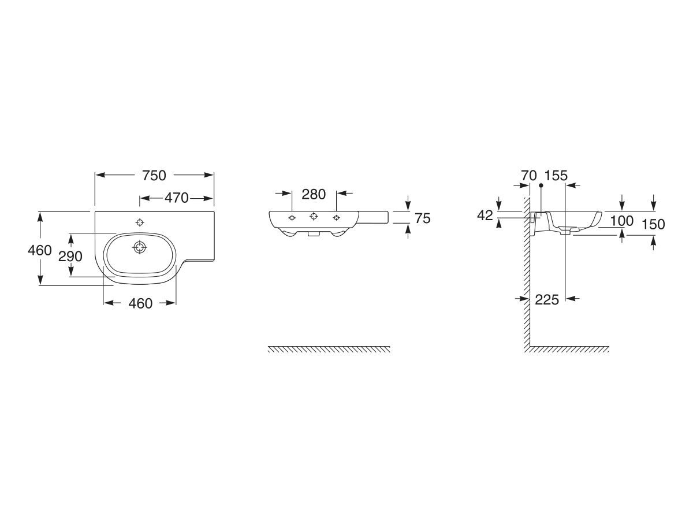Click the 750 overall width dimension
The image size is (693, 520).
tap(154, 175)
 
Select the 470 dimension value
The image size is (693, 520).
tap(177, 198)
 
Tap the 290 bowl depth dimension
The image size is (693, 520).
tap(70, 255)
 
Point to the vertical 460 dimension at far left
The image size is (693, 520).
tap(40, 250)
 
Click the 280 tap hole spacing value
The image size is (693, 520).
tap(314, 194)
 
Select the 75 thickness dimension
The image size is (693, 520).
tap(422, 218)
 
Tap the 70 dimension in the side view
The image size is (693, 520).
tap(528, 175)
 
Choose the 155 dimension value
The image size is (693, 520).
tap(556, 175)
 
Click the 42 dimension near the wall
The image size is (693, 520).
tap(485, 215)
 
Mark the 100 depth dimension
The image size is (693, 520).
tap(621, 220)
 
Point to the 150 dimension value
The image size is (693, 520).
tap(653, 224)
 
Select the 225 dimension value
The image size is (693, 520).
tap(547, 299)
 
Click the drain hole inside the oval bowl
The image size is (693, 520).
tap(139, 247)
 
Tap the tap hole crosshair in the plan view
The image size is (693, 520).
tap(139, 222)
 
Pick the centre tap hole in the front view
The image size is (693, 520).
tap(314, 216)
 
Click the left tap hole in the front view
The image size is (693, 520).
tap(292, 217)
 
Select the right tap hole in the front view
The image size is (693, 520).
tap(336, 217)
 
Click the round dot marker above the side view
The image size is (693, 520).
tap(541, 185)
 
